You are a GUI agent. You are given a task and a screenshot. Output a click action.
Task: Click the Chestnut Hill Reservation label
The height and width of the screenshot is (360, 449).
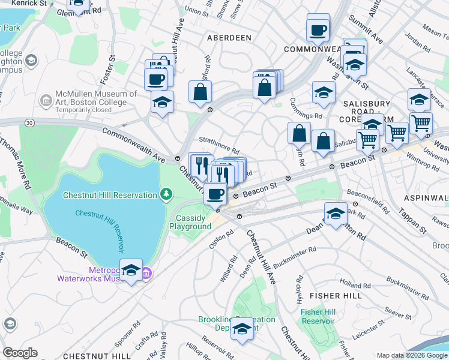110,194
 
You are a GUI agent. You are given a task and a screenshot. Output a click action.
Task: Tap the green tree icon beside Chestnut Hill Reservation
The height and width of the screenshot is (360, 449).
166,194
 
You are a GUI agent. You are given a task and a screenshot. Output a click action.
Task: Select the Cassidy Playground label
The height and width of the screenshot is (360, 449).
190,222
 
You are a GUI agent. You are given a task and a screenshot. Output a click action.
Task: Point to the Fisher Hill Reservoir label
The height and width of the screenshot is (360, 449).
318,316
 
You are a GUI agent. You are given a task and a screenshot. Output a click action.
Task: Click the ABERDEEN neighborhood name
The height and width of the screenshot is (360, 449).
229,37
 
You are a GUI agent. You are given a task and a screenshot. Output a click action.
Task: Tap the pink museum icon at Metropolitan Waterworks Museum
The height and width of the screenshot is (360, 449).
146,274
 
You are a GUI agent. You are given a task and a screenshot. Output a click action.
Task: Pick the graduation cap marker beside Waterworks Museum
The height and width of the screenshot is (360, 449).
131,271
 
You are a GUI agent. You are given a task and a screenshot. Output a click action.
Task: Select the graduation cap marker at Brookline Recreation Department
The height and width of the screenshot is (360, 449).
242,329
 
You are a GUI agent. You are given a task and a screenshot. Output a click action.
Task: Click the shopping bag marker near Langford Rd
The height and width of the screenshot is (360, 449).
200,92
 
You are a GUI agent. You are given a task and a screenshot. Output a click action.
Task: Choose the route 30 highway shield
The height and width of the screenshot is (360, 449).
29,122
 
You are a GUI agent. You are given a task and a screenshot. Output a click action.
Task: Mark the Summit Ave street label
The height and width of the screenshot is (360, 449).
373,37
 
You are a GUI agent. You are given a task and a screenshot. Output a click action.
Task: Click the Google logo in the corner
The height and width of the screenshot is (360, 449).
20,353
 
